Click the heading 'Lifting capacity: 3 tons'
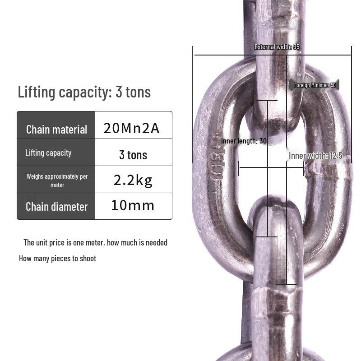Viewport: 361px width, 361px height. pos(84,92)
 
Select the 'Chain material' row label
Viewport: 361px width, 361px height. pos(56,130)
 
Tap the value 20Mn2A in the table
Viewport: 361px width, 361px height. pos(131,128)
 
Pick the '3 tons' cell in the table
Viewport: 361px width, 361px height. pos(133,155)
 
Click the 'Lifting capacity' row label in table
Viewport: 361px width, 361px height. pos(48,153)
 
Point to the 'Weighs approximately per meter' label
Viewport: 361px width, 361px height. pos(57,180)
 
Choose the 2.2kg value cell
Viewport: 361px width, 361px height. pos(133,180)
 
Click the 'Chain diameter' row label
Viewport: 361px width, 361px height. pos(56,207)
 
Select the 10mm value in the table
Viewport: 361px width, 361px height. pos(133,206)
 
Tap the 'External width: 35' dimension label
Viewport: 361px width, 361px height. pos(277,47)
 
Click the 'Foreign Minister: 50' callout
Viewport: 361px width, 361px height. pos(315,85)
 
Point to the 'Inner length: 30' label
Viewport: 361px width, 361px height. pos(244,141)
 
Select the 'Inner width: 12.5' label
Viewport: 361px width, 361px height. pos(315,156)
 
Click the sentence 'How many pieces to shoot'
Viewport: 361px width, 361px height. pos(57,259)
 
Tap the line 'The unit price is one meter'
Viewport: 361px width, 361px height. pos(95,243)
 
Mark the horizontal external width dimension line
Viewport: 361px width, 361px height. pos(226,55)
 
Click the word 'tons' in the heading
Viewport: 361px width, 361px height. pos(138,92)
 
